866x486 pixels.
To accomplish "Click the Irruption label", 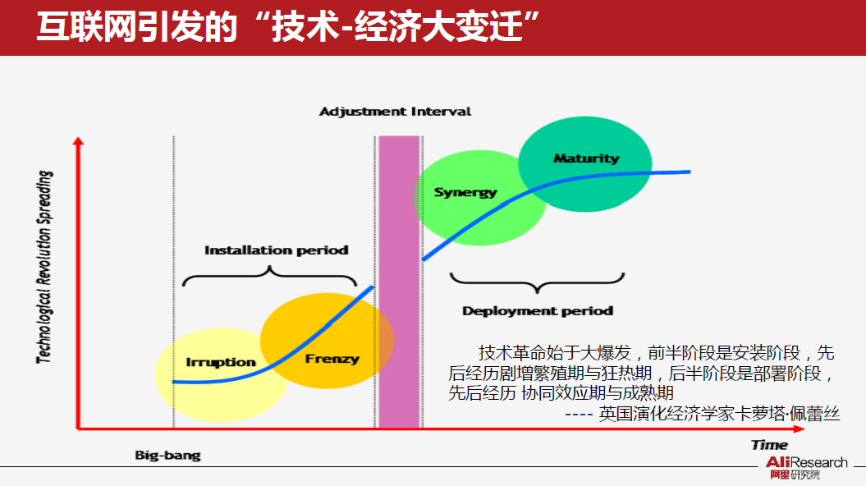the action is [221, 362].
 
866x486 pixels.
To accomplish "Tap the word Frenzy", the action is [332, 359].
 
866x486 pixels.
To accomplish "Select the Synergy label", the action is [465, 192].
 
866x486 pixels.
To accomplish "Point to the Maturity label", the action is [586, 158].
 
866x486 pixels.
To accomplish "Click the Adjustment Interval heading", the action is [396, 111].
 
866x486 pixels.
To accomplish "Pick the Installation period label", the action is [277, 250].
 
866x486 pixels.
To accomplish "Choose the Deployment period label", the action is [538, 311].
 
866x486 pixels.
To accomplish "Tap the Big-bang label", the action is [167, 455].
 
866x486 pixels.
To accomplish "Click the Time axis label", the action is [769, 445].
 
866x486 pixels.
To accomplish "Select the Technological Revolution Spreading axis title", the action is [45, 266].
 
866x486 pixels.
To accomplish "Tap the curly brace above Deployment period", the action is [538, 283].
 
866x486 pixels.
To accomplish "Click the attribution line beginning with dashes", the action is [703, 414].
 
